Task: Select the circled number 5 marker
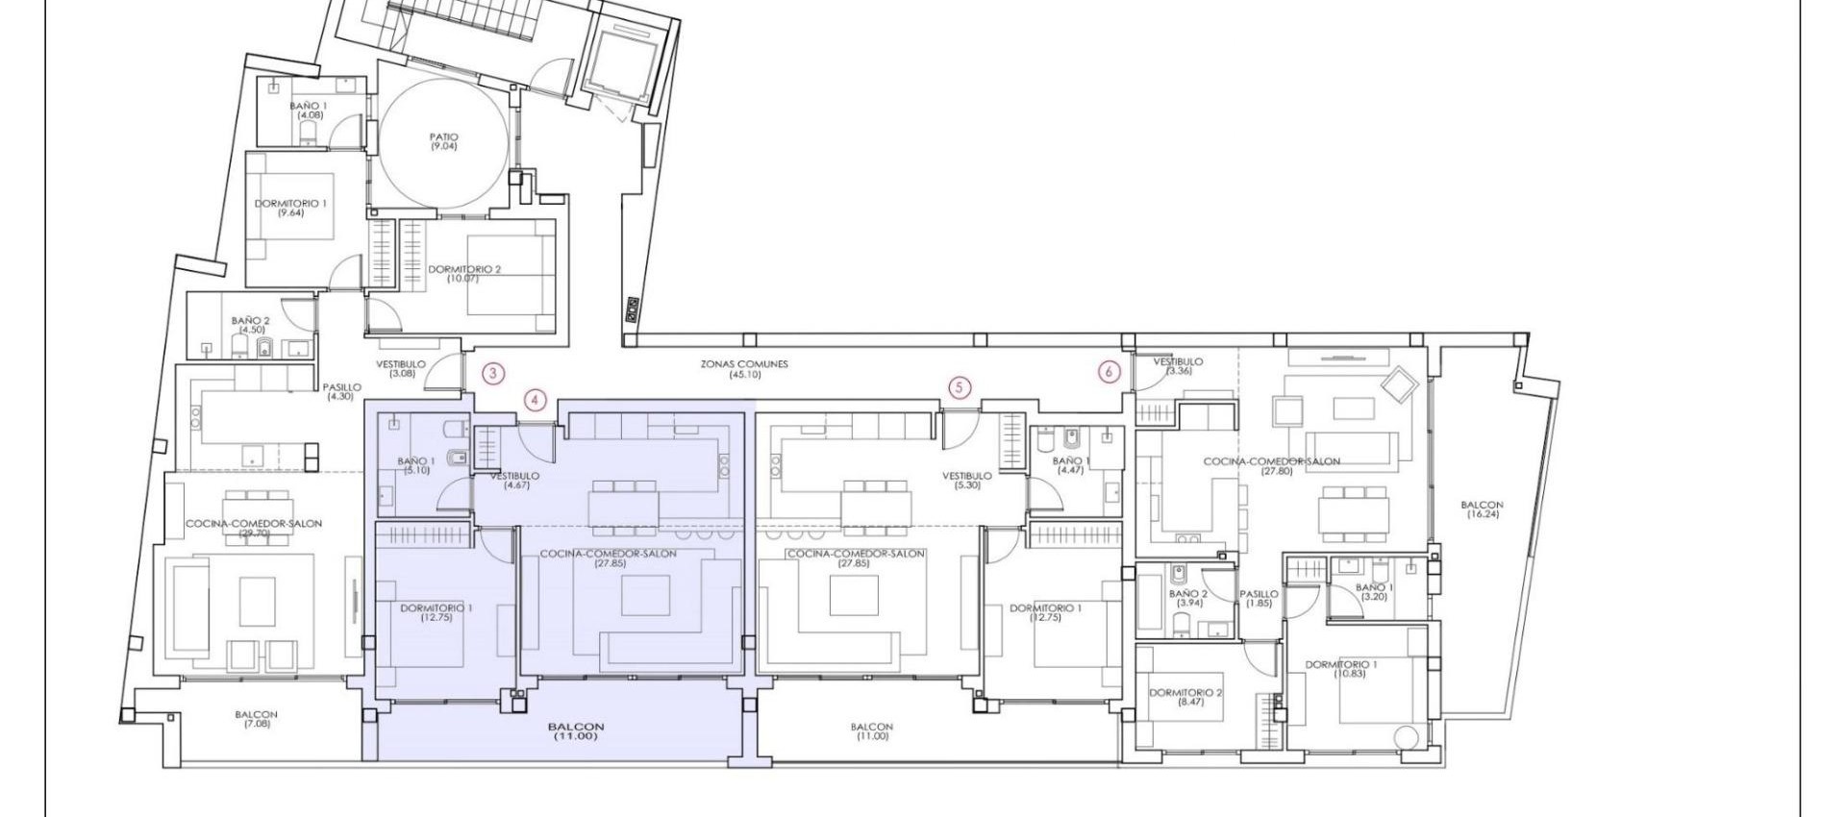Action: [959, 387]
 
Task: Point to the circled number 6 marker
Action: [1109, 372]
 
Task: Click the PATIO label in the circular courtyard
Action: [443, 141]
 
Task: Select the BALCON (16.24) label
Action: [1481, 509]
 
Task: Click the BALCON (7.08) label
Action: [256, 719]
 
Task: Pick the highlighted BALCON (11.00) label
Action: [576, 731]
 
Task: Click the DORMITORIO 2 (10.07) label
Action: [464, 273]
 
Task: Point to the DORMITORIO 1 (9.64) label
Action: [290, 208]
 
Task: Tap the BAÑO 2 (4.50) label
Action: [251, 325]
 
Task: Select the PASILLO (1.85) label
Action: [1259, 599]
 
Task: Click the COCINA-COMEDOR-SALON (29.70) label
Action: [254, 529]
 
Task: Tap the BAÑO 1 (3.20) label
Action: [1374, 591]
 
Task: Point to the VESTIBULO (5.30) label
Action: [966, 480]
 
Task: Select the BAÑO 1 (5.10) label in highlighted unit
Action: [415, 465]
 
